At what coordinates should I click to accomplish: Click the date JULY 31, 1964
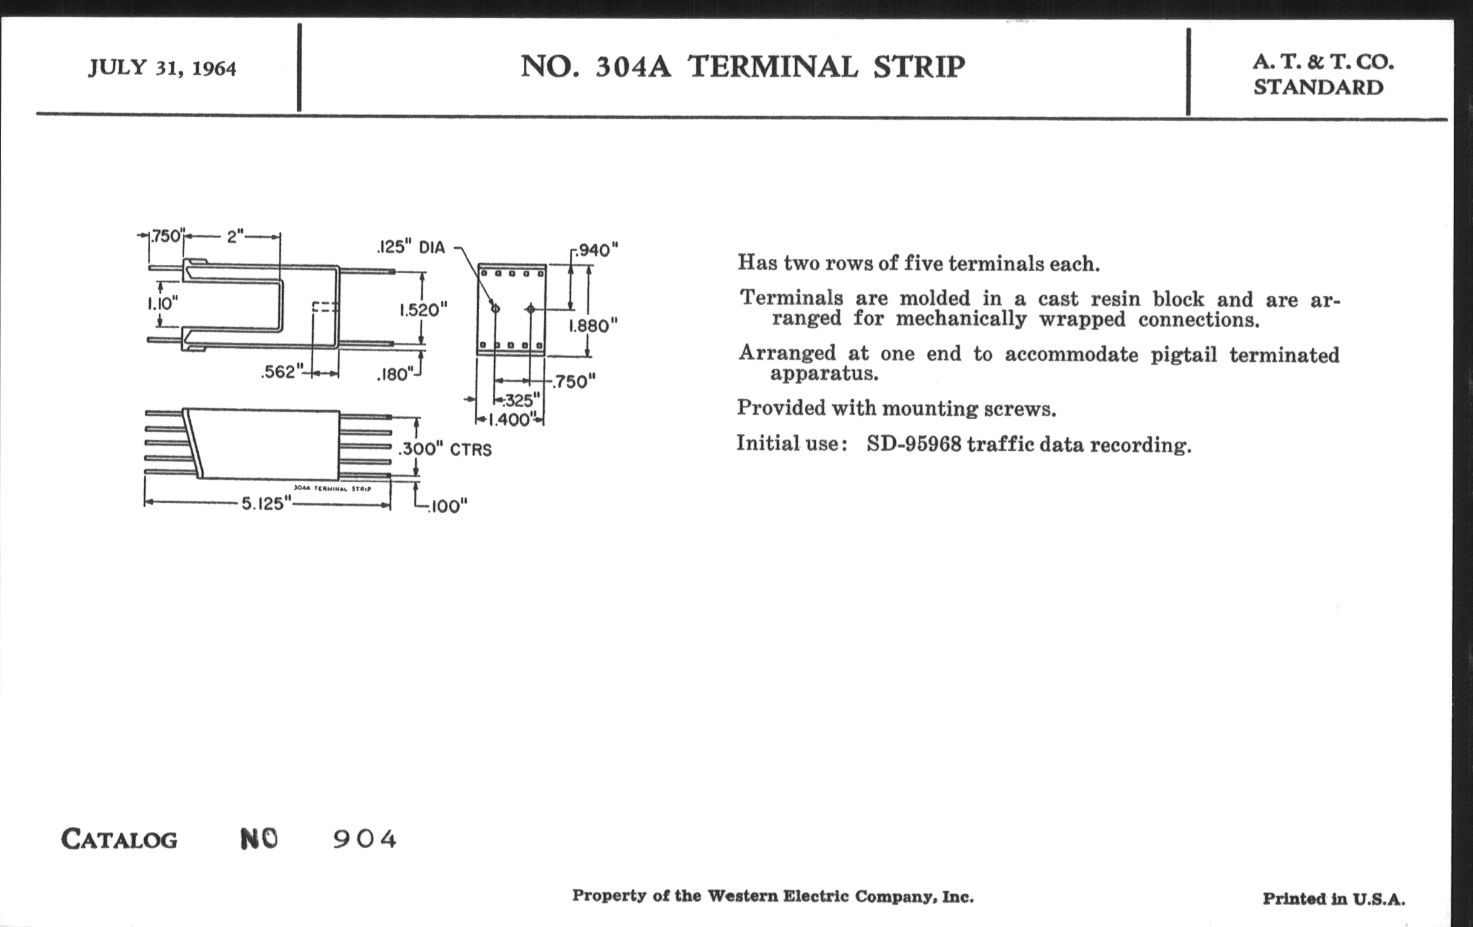coord(162,67)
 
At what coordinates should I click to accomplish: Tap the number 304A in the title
coord(632,67)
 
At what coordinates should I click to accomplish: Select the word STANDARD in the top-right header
coord(1318,87)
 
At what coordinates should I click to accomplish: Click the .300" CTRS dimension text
coord(445,449)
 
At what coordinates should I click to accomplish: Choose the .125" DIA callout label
coord(411,247)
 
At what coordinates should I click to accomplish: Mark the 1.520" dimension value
coord(423,310)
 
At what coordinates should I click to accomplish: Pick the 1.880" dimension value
coord(593,325)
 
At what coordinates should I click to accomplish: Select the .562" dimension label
coord(282,372)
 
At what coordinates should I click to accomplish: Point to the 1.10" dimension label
coord(162,303)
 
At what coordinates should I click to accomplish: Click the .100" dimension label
coord(447,507)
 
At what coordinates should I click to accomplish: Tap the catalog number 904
coord(365,839)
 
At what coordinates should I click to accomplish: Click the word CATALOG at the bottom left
coord(119,839)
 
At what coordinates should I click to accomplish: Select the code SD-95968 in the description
coord(914,444)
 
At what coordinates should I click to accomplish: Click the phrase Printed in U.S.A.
coord(1334,899)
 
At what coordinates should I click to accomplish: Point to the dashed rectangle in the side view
coord(324,307)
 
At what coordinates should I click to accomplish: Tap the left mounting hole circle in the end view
coord(495,308)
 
